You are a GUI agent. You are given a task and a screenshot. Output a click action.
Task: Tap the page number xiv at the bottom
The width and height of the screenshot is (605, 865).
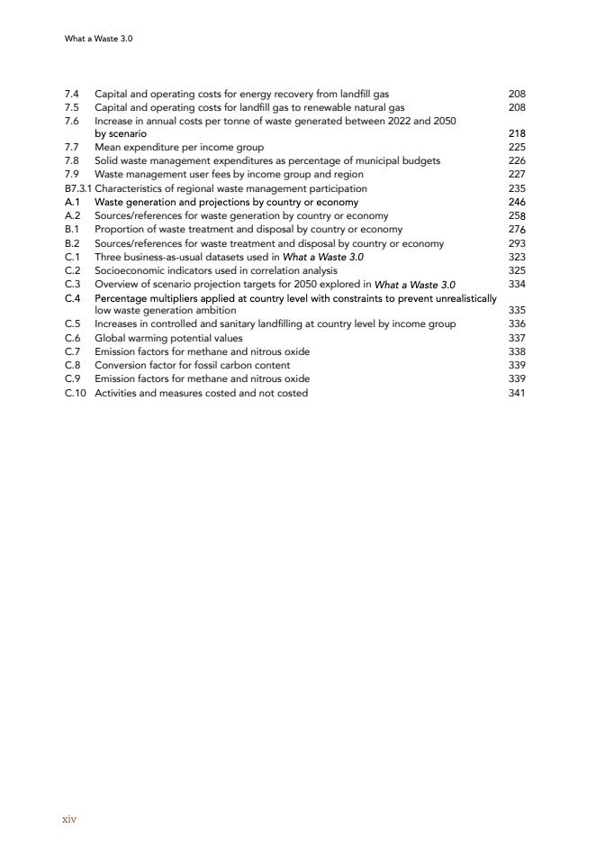[68, 819]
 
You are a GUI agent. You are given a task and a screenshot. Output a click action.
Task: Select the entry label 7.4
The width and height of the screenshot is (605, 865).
[72, 94]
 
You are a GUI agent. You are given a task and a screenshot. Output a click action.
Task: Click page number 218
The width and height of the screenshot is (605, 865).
[517, 134]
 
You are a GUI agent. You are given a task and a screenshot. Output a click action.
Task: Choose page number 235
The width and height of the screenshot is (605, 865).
[517, 188]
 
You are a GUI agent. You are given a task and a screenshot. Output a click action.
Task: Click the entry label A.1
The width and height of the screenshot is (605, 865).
[73, 203]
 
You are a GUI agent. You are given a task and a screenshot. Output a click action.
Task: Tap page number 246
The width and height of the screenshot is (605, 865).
[517, 203]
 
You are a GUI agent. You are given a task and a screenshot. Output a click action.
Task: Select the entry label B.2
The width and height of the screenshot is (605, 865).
[73, 243]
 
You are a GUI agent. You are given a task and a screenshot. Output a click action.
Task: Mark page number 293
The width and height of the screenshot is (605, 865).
[517, 243]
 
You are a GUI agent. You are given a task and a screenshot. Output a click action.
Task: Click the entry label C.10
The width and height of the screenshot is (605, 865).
[76, 393]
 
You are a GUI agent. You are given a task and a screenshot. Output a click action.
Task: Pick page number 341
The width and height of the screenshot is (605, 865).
[517, 393]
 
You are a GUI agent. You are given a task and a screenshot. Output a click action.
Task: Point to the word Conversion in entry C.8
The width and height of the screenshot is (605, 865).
[120, 365]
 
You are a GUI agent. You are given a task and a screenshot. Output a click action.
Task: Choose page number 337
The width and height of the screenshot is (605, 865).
[517, 338]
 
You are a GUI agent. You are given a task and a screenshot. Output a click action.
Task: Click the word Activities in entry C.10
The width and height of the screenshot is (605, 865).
[115, 393]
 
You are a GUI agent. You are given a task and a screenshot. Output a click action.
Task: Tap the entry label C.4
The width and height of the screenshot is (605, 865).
[73, 297]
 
